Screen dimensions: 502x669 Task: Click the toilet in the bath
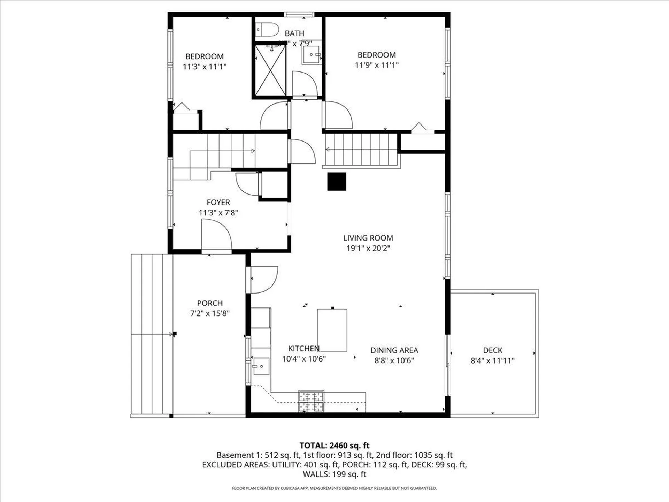(x=268, y=29)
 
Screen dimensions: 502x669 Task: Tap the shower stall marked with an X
(x=270, y=70)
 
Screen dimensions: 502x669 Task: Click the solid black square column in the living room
(x=337, y=182)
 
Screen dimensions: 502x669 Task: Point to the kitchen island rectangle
(x=332, y=330)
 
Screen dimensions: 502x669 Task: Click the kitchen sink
(x=261, y=366)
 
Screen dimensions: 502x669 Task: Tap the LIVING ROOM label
(x=368, y=238)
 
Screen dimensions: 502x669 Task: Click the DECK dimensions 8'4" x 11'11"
(x=492, y=361)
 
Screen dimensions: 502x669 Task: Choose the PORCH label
(x=210, y=303)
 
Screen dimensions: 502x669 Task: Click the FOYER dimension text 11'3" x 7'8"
(x=218, y=213)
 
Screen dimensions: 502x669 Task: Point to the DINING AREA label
(x=394, y=350)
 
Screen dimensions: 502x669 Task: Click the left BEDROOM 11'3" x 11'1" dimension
(x=205, y=67)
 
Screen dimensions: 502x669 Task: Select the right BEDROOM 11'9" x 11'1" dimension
(x=377, y=65)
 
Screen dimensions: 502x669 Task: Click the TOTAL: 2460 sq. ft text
(x=334, y=446)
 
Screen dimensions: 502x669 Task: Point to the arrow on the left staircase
(x=252, y=151)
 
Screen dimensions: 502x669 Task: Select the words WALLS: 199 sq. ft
(x=334, y=474)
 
